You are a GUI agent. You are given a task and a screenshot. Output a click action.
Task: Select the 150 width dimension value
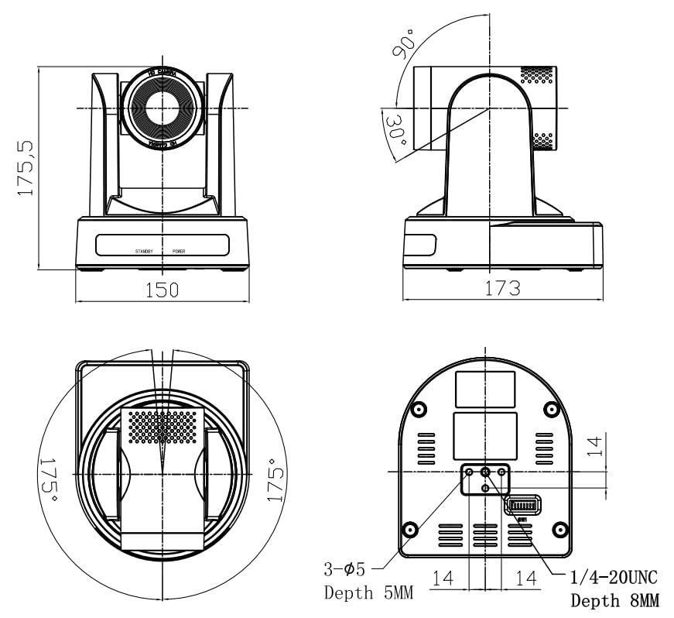coord(163,290)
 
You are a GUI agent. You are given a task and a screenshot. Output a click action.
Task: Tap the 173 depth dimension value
coord(502,288)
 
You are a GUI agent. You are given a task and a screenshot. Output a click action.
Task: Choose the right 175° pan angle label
coord(275,480)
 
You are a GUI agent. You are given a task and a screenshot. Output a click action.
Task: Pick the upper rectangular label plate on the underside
coord(485,388)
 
